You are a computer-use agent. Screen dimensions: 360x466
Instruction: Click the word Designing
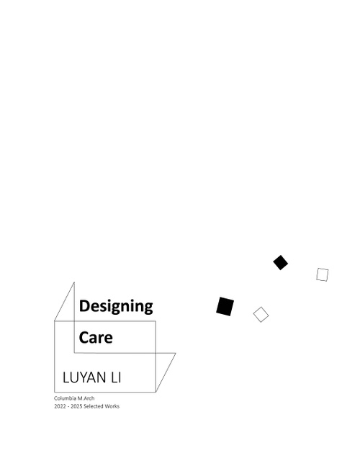(116, 306)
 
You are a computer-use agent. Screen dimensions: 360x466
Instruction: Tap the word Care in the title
(96, 337)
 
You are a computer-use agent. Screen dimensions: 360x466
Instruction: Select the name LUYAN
(84, 377)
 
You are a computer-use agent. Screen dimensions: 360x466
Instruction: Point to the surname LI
(116, 377)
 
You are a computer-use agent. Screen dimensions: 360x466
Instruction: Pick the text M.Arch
(86, 398)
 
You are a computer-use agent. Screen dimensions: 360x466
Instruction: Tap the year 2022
(60, 406)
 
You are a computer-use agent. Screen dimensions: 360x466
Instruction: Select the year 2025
(76, 406)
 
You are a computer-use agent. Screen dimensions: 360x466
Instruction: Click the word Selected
(94, 406)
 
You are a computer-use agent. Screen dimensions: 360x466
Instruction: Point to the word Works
(112, 406)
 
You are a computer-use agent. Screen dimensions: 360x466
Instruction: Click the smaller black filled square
(280, 262)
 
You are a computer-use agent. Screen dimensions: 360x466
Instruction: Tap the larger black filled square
(225, 306)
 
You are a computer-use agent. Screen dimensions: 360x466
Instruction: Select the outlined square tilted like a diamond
(261, 315)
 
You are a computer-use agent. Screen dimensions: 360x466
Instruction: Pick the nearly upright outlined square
(323, 274)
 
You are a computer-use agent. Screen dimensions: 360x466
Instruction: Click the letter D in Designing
(84, 306)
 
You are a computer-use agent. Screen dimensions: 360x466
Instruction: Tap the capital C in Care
(84, 337)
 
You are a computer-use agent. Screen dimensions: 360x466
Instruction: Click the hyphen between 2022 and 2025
(68, 406)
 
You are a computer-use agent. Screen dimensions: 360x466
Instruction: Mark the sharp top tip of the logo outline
(74, 282)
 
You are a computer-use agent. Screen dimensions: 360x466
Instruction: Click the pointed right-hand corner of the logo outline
(176, 354)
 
